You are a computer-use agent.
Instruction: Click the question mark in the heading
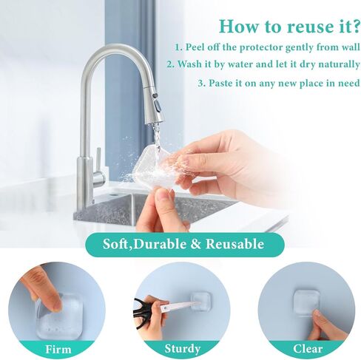pyautogui.click(x=354, y=26)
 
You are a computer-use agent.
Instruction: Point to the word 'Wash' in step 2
pyautogui.click(x=189, y=64)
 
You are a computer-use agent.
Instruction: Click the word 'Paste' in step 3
pyautogui.click(x=220, y=83)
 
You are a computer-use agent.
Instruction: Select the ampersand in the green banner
pyautogui.click(x=196, y=244)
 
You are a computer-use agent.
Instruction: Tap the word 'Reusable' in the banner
pyautogui.click(x=235, y=244)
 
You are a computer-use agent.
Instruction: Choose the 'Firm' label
pyautogui.click(x=58, y=349)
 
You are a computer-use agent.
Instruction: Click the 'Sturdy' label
pyautogui.click(x=182, y=349)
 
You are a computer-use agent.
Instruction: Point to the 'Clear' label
pyautogui.click(x=308, y=349)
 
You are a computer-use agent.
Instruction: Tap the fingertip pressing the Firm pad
pyautogui.click(x=55, y=305)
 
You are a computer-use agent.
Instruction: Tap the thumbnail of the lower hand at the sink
pyautogui.click(x=165, y=194)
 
